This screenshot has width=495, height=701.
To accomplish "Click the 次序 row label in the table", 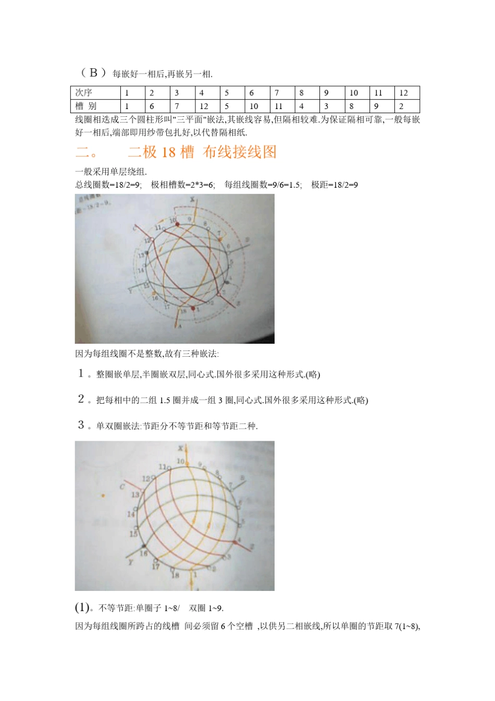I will [x=83, y=93].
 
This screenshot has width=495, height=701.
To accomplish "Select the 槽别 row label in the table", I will [x=85, y=106].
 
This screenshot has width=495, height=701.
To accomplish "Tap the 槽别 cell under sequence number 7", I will [x=278, y=106].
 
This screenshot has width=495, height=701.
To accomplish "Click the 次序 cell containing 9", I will [x=326, y=93].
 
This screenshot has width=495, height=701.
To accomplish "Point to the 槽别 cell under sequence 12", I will [x=401, y=106].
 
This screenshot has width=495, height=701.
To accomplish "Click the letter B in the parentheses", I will [x=94, y=73].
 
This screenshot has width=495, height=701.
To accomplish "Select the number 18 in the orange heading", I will [x=168, y=152].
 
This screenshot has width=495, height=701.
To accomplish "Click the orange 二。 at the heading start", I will [x=86, y=152].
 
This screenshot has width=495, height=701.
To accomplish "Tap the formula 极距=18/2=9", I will [x=334, y=185].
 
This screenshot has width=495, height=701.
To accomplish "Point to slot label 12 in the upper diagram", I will [x=147, y=240].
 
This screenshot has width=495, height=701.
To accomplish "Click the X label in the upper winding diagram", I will [x=192, y=200].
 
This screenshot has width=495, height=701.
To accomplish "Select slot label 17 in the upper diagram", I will [x=166, y=307].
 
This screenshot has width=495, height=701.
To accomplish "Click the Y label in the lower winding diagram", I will [x=130, y=562].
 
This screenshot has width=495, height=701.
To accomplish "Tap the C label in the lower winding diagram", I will [x=122, y=487].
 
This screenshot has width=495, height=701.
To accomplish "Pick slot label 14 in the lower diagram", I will [x=131, y=514].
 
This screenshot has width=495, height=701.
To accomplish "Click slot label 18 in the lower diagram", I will [x=176, y=575].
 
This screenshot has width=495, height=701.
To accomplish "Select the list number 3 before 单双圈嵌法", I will [x=81, y=425].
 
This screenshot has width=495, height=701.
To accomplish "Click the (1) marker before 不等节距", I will [x=82, y=607].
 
